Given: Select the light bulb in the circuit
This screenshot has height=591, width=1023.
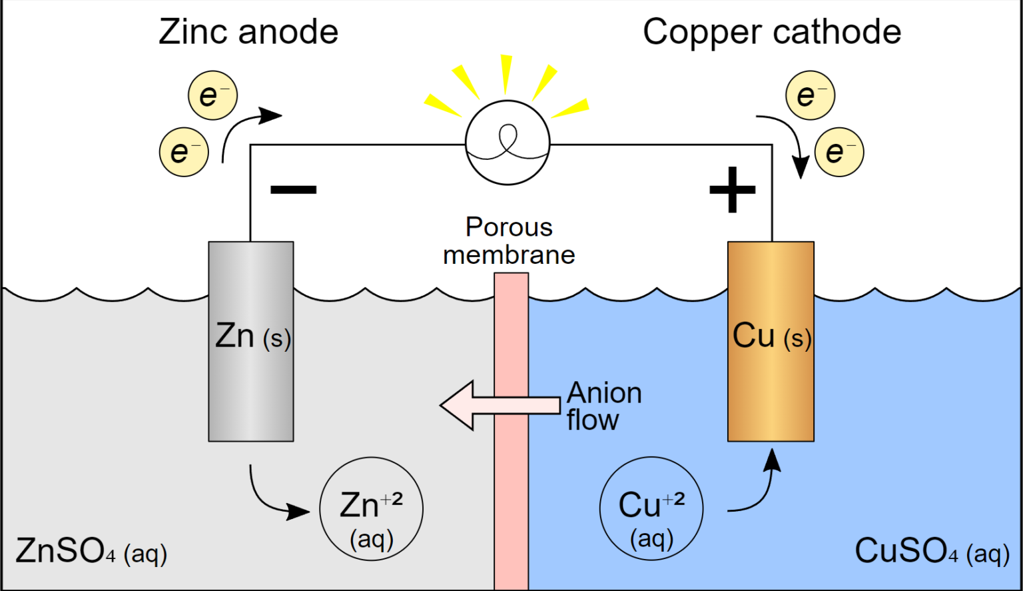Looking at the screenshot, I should [x=508, y=143].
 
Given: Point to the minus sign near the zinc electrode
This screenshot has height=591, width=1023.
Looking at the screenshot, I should [x=293, y=189].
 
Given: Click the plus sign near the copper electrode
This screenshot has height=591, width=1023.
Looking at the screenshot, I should [x=733, y=190].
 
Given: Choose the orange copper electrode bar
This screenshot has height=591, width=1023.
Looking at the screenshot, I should [x=771, y=393].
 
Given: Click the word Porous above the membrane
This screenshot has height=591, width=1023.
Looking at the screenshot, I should [x=509, y=227].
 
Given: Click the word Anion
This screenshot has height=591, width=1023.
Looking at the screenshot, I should [x=604, y=393].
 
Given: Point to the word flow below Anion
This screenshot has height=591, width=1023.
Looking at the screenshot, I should [x=593, y=420].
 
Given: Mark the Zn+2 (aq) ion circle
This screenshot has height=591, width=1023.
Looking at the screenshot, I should [x=371, y=508].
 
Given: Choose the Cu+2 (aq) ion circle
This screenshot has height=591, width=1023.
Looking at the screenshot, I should [x=651, y=508].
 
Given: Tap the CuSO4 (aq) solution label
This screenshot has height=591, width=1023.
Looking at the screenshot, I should [x=932, y=551].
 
